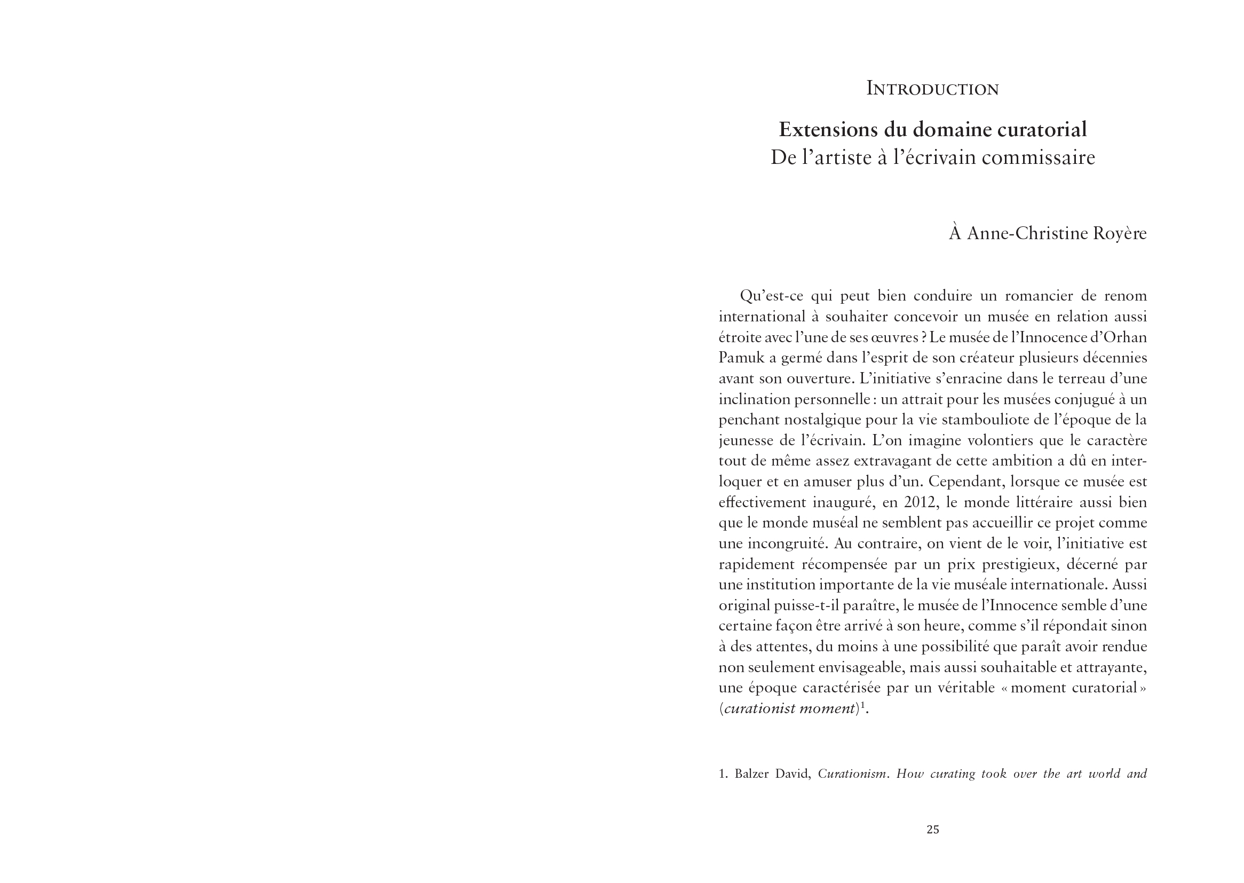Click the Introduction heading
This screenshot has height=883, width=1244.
932,89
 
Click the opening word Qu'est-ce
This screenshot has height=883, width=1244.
771,296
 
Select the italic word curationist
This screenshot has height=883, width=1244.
757,709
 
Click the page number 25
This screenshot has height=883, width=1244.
932,829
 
